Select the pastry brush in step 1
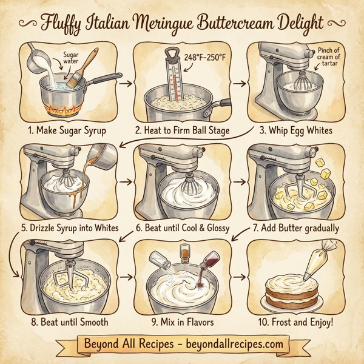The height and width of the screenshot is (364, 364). coord(83,64)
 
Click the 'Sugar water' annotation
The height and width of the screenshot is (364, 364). coord(72,58)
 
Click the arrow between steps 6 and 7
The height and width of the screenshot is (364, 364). coord(238,181)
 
